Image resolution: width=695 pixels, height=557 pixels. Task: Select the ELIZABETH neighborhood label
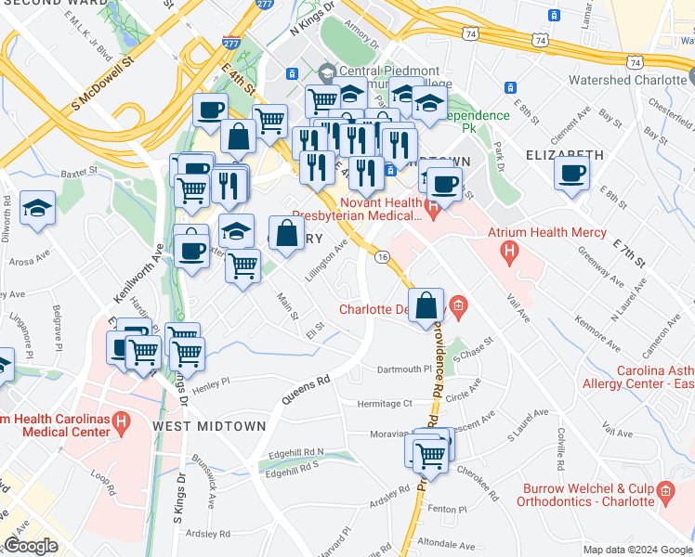[x=565, y=155]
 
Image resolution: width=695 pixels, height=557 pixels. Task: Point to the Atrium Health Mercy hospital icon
[x=508, y=251]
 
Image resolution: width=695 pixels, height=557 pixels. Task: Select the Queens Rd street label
[x=307, y=392]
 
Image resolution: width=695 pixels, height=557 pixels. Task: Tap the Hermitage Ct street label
[x=386, y=404]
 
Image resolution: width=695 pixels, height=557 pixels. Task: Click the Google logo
[x=31, y=546]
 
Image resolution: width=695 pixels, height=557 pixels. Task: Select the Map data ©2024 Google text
[x=636, y=550]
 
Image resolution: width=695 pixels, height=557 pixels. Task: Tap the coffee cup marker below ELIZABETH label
[x=571, y=172]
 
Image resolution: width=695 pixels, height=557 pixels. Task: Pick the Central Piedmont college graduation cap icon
[x=327, y=72]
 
